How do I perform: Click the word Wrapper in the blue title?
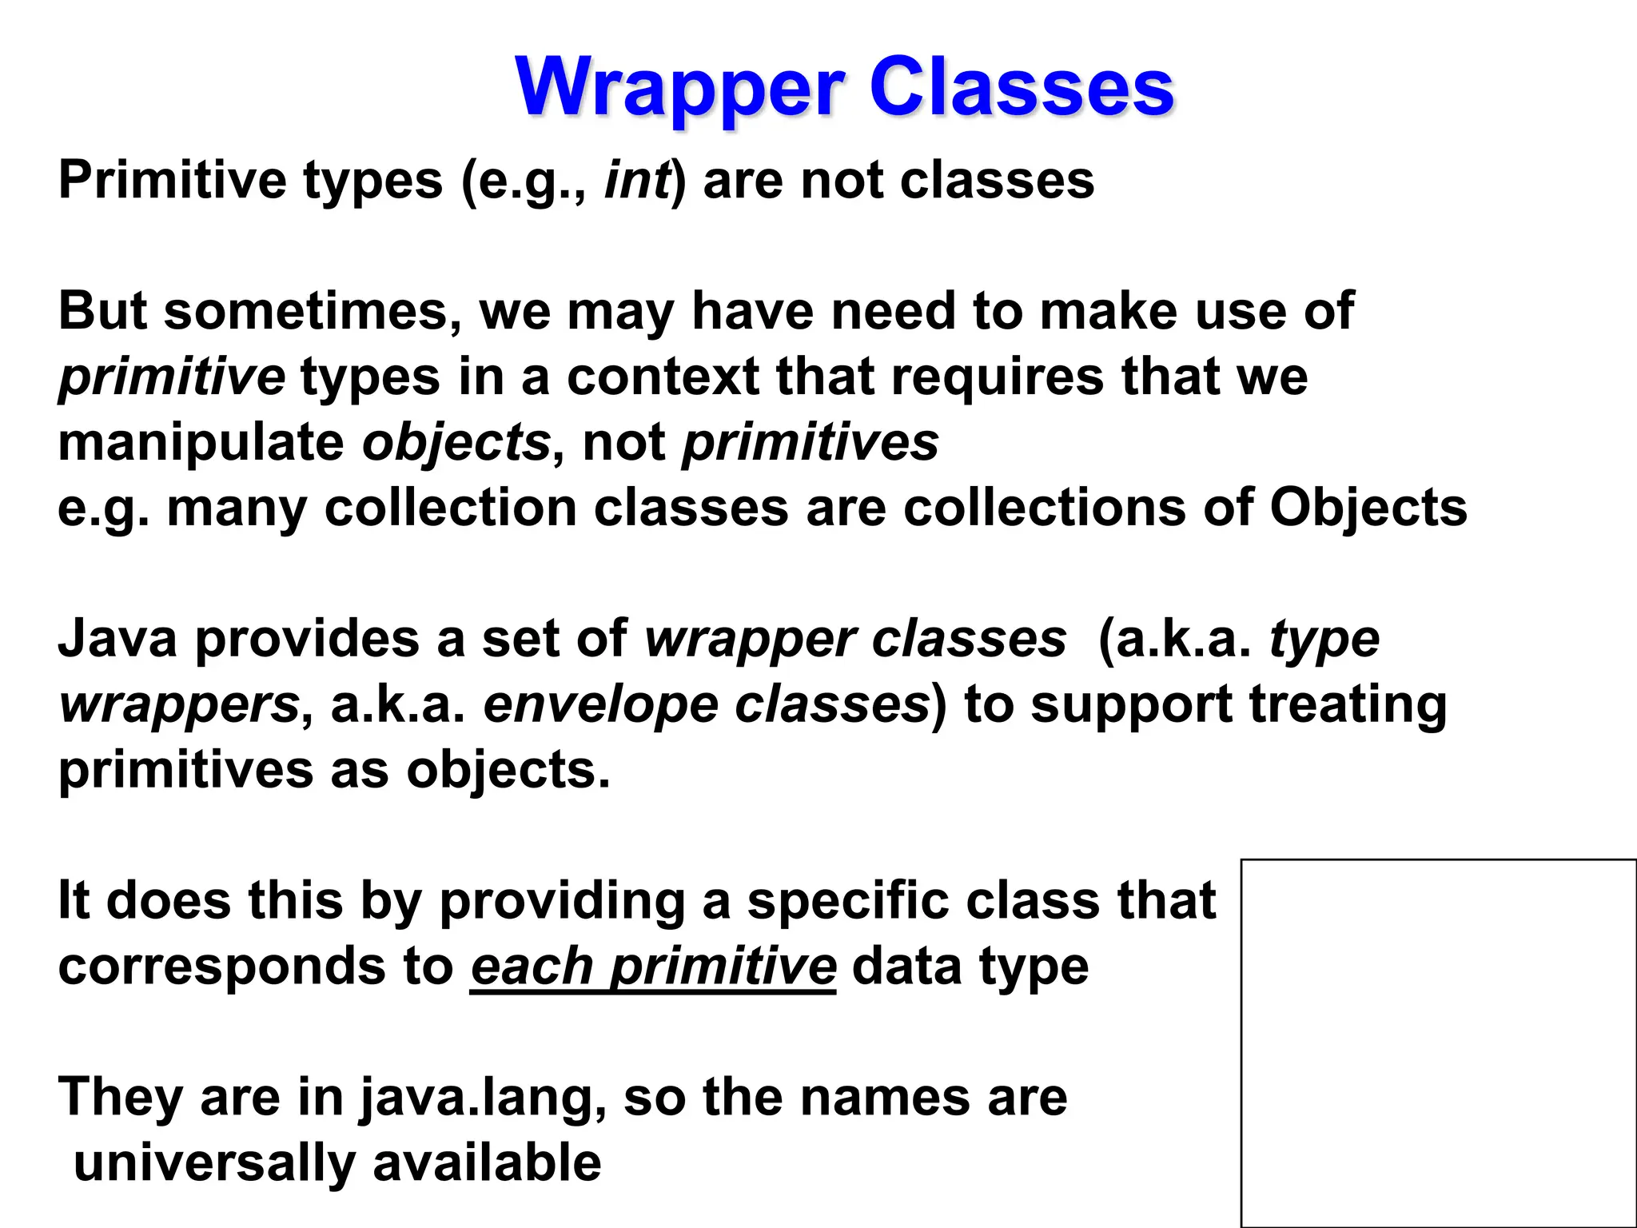[679, 88]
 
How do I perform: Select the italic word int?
[636, 180]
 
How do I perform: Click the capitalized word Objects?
[1368, 508]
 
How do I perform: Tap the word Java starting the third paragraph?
[117, 639]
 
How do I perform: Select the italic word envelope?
[600, 704]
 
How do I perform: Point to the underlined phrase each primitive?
[653, 967]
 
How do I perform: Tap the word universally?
[214, 1163]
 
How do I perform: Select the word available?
[487, 1163]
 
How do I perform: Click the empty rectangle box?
[1438, 1043]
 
